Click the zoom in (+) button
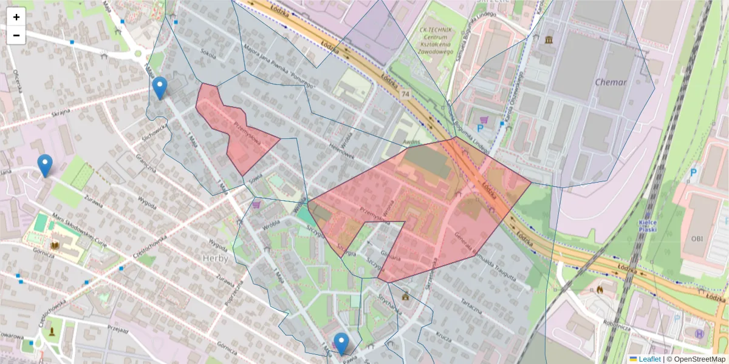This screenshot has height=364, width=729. [16, 17]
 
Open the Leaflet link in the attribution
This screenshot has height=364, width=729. [649, 359]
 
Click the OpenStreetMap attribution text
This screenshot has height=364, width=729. [699, 359]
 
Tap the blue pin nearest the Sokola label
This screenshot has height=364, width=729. [160, 89]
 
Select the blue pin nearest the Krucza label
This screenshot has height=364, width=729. [341, 344]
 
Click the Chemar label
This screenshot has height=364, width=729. [610, 83]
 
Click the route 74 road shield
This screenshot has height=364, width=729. [405, 95]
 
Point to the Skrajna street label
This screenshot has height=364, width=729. [61, 112]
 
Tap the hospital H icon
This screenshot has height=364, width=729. [699, 333]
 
